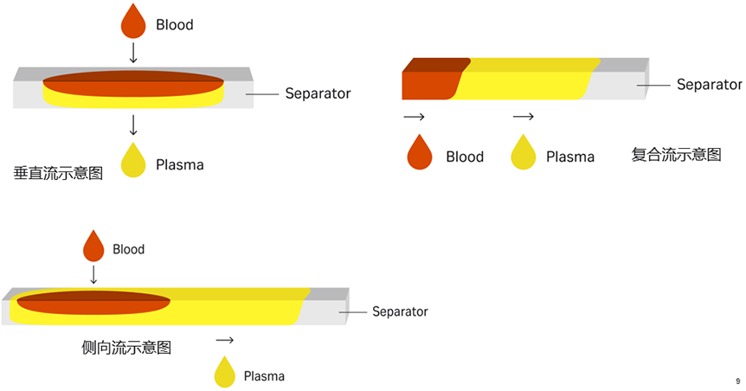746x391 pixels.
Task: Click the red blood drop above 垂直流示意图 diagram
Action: click(x=133, y=22)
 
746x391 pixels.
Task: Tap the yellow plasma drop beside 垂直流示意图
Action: click(x=133, y=161)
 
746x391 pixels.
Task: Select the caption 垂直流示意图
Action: click(x=58, y=173)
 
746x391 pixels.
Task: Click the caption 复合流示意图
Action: click(x=676, y=155)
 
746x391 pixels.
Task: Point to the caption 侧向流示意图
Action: click(x=126, y=348)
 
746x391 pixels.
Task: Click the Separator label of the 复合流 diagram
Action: click(x=709, y=85)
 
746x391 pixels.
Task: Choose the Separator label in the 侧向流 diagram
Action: click(x=400, y=311)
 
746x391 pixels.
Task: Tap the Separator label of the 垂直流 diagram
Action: click(x=318, y=93)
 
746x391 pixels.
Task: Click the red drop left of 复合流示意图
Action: click(x=420, y=153)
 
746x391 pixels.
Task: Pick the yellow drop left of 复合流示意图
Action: click(x=524, y=153)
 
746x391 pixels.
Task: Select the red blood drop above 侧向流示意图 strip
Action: click(x=93, y=247)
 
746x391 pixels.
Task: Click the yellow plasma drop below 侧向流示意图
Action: click(x=225, y=373)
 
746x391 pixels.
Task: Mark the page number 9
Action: click(x=737, y=381)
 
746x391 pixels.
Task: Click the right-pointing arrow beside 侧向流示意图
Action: click(x=225, y=341)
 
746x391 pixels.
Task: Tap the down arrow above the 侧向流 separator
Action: click(x=93, y=274)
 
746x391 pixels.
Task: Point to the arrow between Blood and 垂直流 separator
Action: click(x=133, y=53)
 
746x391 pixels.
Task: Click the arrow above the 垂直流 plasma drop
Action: click(x=133, y=125)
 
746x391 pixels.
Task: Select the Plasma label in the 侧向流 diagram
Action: click(x=264, y=376)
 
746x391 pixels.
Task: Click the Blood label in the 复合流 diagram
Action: click(x=465, y=157)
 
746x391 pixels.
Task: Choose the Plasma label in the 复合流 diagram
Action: click(x=570, y=157)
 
